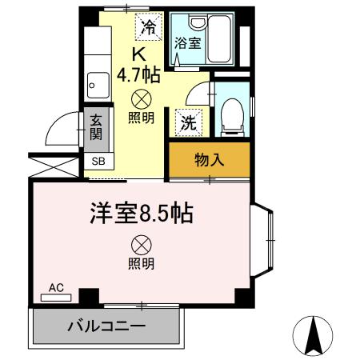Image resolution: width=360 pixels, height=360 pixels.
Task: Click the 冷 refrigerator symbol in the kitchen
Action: click(x=148, y=28)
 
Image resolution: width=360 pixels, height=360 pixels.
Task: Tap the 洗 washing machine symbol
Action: click(x=189, y=122)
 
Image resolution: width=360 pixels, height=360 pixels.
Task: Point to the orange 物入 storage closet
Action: click(x=210, y=160)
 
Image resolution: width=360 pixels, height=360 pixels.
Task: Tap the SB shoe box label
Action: click(x=98, y=161)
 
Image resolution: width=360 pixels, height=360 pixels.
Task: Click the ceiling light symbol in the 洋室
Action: click(x=142, y=244)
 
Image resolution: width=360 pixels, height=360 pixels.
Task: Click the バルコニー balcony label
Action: click(x=106, y=326)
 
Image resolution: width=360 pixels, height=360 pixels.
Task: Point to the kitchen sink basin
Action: click(x=98, y=82)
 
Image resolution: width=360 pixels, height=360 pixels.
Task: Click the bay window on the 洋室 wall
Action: click(x=264, y=239)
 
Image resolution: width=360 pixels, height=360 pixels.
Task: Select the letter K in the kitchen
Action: click(x=138, y=54)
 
